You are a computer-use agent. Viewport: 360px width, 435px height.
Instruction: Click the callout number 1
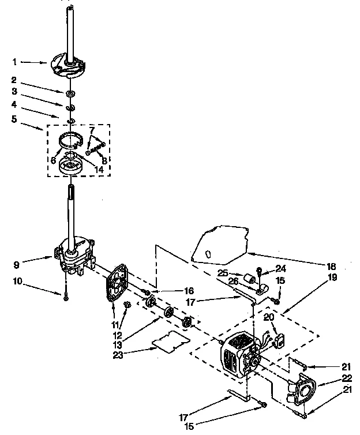(x=15, y=61)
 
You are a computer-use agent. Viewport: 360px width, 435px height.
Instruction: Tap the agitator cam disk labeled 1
(x=67, y=63)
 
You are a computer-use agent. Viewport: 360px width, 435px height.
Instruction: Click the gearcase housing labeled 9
(x=74, y=257)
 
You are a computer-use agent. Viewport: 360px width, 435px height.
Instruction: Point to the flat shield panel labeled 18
(x=222, y=242)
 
